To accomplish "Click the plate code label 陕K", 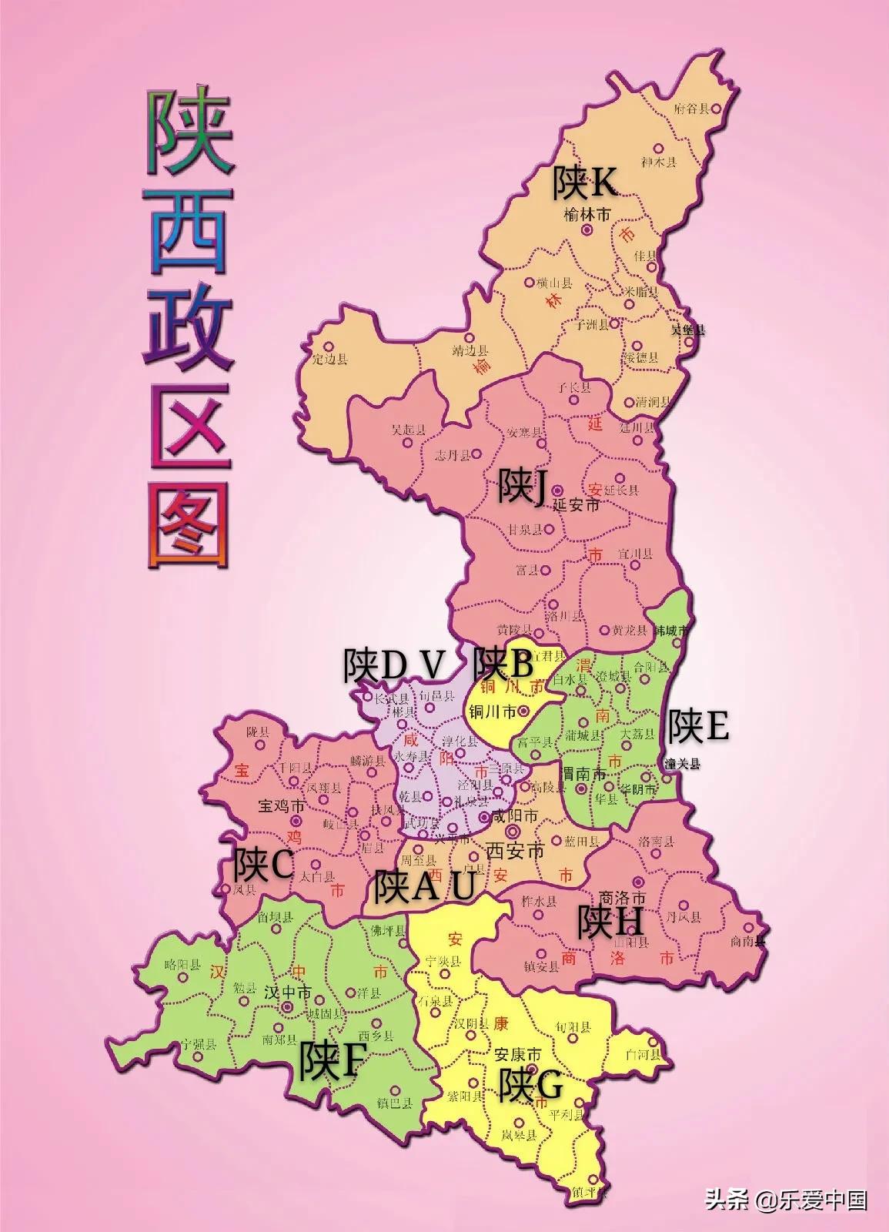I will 583,183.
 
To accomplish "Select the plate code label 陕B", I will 503,661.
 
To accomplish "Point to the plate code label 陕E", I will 697,725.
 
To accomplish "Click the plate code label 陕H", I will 611,922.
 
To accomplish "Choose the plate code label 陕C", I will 263,865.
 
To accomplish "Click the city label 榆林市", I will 587,215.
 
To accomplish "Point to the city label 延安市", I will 577,506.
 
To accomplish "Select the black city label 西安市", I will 515,852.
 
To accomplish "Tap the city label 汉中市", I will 287,993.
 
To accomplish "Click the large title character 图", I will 189,524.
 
